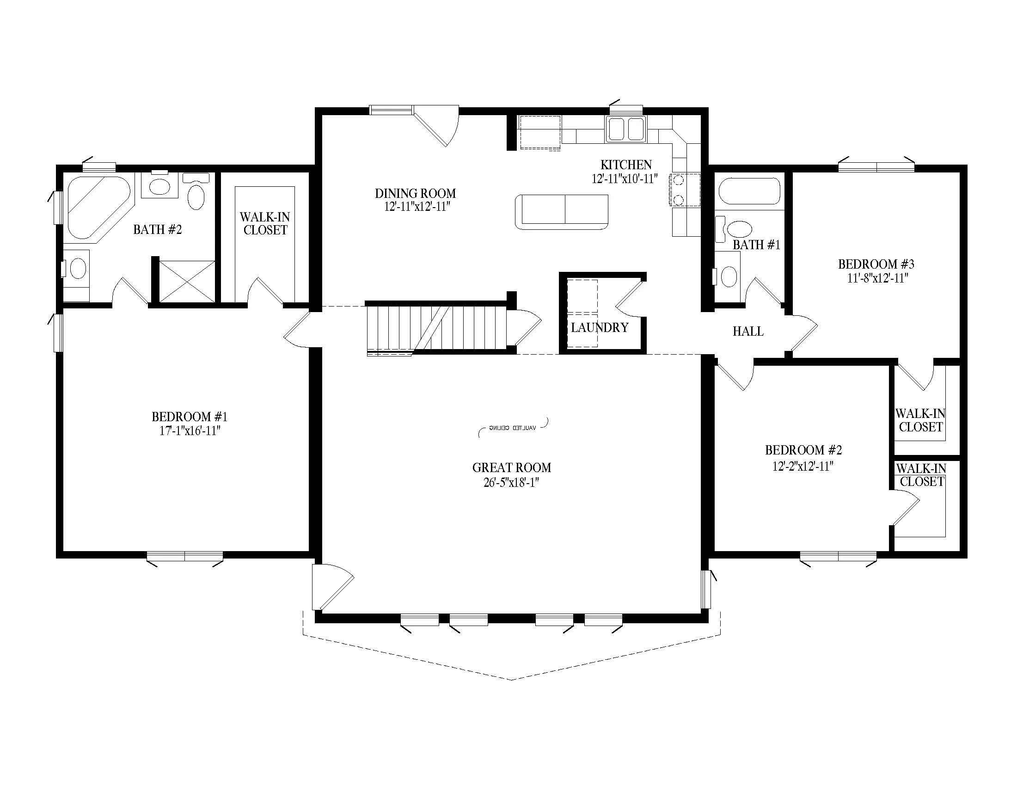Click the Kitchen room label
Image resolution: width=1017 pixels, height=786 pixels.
pyautogui.click(x=626, y=165)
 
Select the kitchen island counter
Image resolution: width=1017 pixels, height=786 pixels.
pyautogui.click(x=562, y=212)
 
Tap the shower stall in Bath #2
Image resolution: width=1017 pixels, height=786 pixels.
pyautogui.click(x=187, y=281)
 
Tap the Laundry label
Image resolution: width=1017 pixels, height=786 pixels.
pyautogui.click(x=600, y=328)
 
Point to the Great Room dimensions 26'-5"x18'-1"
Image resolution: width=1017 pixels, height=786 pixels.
pyautogui.click(x=511, y=483)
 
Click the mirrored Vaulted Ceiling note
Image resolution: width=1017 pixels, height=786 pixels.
pyautogui.click(x=513, y=428)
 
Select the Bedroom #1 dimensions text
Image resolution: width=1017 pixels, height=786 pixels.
pyautogui.click(x=190, y=431)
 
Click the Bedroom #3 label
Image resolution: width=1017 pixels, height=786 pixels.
pyautogui.click(x=876, y=264)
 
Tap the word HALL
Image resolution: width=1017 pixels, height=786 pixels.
pyautogui.click(x=748, y=332)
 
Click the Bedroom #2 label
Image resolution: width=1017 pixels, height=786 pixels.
pyautogui.click(x=803, y=450)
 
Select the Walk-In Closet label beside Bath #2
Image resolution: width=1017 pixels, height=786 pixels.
pyautogui.click(x=265, y=223)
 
